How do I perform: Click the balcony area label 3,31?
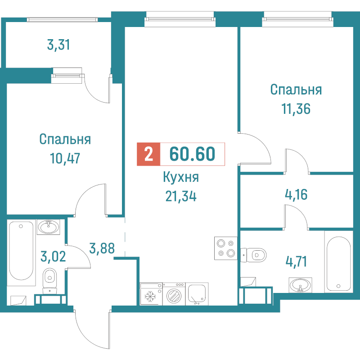[58, 45]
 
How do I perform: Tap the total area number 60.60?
[192, 154]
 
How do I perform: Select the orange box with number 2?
[148, 154]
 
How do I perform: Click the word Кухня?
[181, 177]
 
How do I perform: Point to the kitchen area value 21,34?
[181, 196]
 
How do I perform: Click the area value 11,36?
[296, 109]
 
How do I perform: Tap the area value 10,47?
[65, 158]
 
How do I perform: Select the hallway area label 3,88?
[102, 248]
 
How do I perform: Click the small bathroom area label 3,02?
[53, 256]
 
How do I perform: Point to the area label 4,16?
[296, 194]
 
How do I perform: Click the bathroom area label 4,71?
[296, 262]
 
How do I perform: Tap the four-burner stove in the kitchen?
[226, 248]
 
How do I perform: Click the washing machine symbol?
[174, 294]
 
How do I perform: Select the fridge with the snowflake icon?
[151, 294]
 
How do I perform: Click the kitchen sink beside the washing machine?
[197, 294]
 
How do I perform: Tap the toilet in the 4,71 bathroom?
[253, 255]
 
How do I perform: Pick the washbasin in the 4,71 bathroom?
[300, 285]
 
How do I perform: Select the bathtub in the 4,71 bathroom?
[339, 262]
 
